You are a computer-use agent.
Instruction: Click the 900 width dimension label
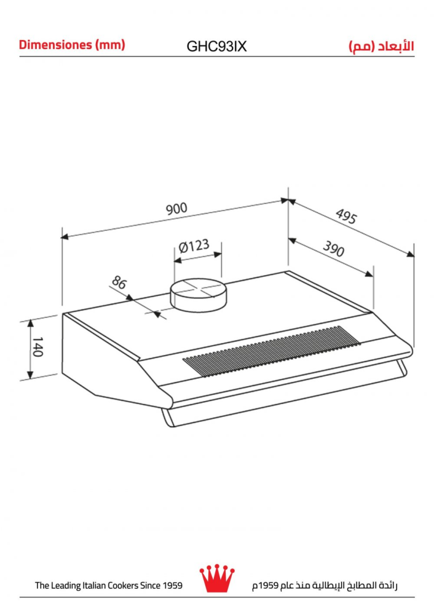pyautogui.click(x=176, y=208)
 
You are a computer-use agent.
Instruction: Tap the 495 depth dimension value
pyautogui.click(x=346, y=216)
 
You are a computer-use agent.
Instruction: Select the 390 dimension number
pyautogui.click(x=334, y=249)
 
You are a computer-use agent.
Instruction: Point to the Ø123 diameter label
pyautogui.click(x=194, y=246)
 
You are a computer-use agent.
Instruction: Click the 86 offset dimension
pyautogui.click(x=119, y=282)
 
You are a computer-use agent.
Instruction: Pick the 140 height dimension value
pyautogui.click(x=37, y=346)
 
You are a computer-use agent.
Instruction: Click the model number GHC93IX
pyautogui.click(x=216, y=47)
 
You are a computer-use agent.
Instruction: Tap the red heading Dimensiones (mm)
pyautogui.click(x=72, y=45)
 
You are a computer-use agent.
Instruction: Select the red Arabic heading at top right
pyautogui.click(x=381, y=46)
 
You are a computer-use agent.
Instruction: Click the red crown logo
pyautogui.click(x=217, y=578)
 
